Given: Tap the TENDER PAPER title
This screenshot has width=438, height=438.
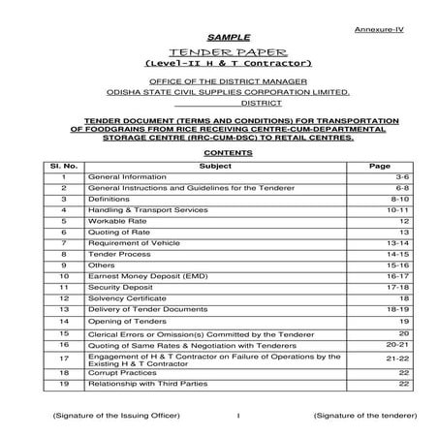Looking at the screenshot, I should point(219,54).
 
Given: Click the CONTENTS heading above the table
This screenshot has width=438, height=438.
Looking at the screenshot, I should point(218,153).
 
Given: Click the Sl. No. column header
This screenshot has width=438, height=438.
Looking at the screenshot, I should point(63,167).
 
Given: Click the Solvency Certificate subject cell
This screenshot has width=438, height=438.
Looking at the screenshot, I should point(126,300).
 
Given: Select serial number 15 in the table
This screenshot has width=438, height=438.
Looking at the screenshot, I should point(63,332).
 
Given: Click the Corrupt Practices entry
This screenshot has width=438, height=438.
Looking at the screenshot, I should point(121,372).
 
